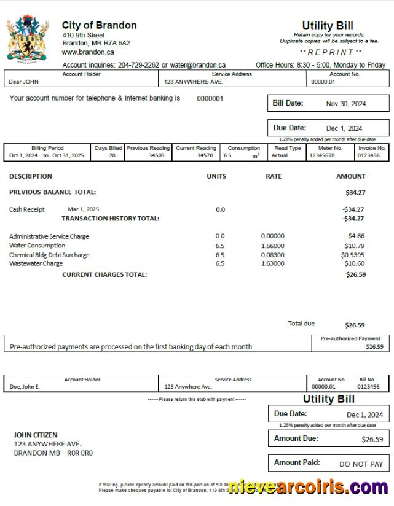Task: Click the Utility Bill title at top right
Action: pos(327,26)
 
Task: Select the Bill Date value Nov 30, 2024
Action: pos(345,104)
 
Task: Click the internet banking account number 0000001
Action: pos(210,98)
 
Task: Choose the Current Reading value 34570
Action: pos(205,156)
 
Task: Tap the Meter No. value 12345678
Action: pos(322,156)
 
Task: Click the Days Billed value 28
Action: pos(112,156)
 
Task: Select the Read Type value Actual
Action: pos(280,156)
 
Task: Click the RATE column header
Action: pos(274,176)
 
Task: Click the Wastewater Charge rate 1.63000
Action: pos(272,263)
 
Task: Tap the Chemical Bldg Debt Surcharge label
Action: pos(49,255)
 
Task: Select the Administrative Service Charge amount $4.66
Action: pos(356,236)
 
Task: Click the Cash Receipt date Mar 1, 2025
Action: pos(83,209)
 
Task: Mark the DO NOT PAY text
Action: pos(361,464)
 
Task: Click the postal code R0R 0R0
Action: pos(80,453)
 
